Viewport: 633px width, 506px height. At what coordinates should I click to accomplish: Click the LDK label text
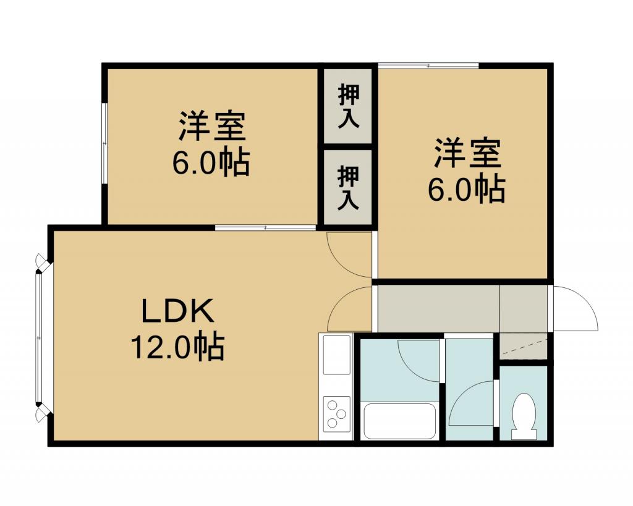tap(177, 311)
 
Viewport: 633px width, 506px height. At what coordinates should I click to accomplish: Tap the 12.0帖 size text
tap(177, 347)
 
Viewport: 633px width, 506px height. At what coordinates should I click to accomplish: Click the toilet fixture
tap(524, 416)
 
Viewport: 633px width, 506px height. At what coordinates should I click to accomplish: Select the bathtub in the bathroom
tap(399, 421)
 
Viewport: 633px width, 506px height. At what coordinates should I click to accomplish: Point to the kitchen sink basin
tap(336, 355)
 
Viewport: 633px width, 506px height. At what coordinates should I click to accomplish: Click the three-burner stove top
tap(336, 413)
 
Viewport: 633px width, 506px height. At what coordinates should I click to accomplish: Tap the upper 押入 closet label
tap(348, 106)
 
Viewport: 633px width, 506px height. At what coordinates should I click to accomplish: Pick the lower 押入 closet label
tap(348, 187)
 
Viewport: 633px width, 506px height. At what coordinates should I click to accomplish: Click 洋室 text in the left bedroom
tap(212, 125)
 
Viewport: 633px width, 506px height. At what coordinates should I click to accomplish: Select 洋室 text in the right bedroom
tap(467, 153)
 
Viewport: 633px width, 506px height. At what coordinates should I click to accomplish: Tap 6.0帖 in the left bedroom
tap(211, 162)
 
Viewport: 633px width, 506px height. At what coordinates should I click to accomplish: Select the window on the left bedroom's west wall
tap(104, 143)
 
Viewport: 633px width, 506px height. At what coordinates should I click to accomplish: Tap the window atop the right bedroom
tap(428, 65)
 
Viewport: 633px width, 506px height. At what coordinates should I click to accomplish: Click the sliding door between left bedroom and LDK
tap(265, 227)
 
